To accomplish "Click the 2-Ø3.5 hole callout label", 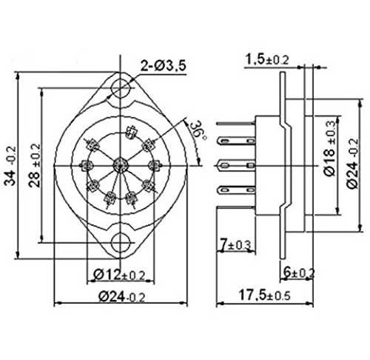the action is click(x=163, y=66).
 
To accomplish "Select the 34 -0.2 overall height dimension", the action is click(x=11, y=166).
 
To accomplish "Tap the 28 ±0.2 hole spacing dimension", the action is click(x=35, y=165).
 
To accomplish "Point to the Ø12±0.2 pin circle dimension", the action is click(x=120, y=275).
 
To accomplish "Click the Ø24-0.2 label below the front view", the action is click(x=121, y=296).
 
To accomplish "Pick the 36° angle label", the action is click(x=200, y=131).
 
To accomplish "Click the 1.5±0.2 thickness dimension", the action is click(x=267, y=59).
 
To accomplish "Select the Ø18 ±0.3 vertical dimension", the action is click(x=330, y=148).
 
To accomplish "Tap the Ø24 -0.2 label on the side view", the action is click(x=352, y=164).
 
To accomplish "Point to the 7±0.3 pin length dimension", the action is click(x=235, y=245).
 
